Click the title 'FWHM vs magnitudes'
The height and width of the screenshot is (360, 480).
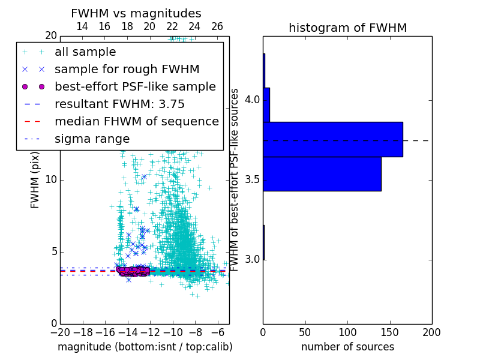[x=136, y=13]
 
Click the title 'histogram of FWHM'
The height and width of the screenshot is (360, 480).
[x=347, y=28]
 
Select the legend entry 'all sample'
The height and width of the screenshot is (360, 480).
[x=85, y=52]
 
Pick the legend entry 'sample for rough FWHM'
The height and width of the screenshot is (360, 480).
[x=127, y=70]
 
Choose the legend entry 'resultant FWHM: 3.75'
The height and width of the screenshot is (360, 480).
[x=119, y=104]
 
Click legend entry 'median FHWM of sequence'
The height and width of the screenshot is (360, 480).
[x=136, y=122]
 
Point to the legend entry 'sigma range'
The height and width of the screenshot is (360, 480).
[x=92, y=139]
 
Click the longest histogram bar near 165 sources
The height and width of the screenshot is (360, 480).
[x=332, y=139]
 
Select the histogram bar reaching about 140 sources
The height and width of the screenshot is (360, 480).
[x=322, y=174]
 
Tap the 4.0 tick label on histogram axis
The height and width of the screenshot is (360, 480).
[x=252, y=99]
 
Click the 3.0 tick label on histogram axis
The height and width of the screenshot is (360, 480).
[x=252, y=259]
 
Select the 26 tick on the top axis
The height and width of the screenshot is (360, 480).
[x=217, y=26]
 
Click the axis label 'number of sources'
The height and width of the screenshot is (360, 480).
[x=347, y=347]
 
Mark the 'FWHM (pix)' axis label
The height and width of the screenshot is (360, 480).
[x=35, y=180]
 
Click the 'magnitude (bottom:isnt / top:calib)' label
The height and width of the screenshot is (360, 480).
[x=145, y=347]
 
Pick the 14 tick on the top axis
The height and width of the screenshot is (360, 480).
[x=82, y=26]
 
